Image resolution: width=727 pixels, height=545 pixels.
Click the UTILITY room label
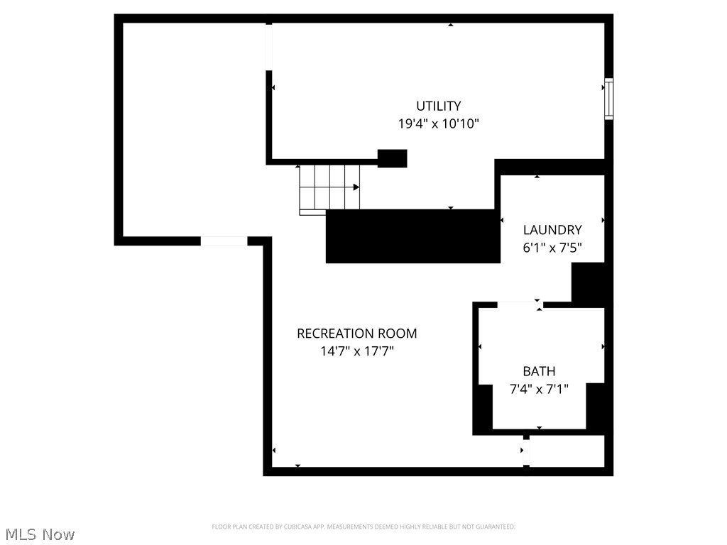pyautogui.click(x=438, y=106)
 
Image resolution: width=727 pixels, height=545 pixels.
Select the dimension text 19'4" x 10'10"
pyautogui.click(x=438, y=123)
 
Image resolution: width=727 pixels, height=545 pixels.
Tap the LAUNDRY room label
pyautogui.click(x=552, y=230)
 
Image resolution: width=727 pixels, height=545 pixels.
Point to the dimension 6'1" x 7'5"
pyautogui.click(x=552, y=248)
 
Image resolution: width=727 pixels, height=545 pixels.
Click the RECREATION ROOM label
pyautogui.click(x=356, y=334)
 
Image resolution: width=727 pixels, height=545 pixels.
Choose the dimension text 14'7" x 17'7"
pyautogui.click(x=356, y=351)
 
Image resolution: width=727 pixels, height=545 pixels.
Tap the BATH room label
pyautogui.click(x=539, y=371)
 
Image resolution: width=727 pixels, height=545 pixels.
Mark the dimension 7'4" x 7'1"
pyautogui.click(x=539, y=389)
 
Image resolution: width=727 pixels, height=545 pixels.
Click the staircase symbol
pyautogui.click(x=329, y=188)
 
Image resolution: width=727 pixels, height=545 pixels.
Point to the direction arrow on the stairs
pyautogui.click(x=355, y=187)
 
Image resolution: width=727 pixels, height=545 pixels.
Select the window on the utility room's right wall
pyautogui.click(x=608, y=99)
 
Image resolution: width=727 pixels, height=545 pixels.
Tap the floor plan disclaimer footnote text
pyautogui.click(x=363, y=527)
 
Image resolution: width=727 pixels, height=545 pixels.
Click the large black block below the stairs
pyautogui.click(x=410, y=236)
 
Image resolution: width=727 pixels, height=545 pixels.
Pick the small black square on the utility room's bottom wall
pyautogui.click(x=392, y=158)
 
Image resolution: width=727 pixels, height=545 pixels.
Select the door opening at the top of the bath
pyautogui.click(x=518, y=304)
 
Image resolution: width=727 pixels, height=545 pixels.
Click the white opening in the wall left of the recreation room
pyautogui.click(x=224, y=241)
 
